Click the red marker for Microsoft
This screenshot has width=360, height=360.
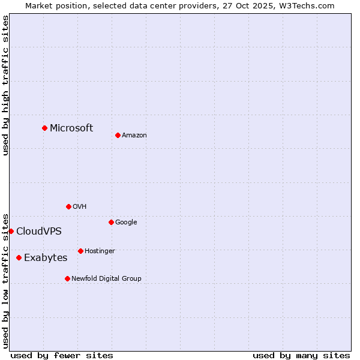[x=44, y=128]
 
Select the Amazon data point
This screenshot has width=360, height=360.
[x=118, y=135]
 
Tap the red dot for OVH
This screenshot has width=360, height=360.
[x=68, y=206]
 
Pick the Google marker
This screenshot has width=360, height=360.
[x=111, y=222]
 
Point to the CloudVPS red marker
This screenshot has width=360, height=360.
[x=11, y=231]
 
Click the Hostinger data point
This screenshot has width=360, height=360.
[x=80, y=251]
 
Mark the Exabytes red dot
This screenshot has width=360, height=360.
[x=19, y=257]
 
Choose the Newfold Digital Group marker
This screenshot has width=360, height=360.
[x=67, y=278]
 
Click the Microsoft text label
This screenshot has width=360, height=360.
[x=71, y=128]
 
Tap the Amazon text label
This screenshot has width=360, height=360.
[x=134, y=135]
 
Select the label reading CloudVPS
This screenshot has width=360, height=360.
[x=38, y=231]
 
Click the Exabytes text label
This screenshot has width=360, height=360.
[x=46, y=257]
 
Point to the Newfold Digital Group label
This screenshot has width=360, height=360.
[x=106, y=278]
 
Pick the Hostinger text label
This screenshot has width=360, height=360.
[x=100, y=251]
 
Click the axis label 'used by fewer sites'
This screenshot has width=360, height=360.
[x=62, y=355]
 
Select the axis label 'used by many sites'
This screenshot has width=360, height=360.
[x=301, y=355]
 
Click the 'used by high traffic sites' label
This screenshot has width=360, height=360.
[x=5, y=85]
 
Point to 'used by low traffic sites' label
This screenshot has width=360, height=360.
[x=5, y=280]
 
